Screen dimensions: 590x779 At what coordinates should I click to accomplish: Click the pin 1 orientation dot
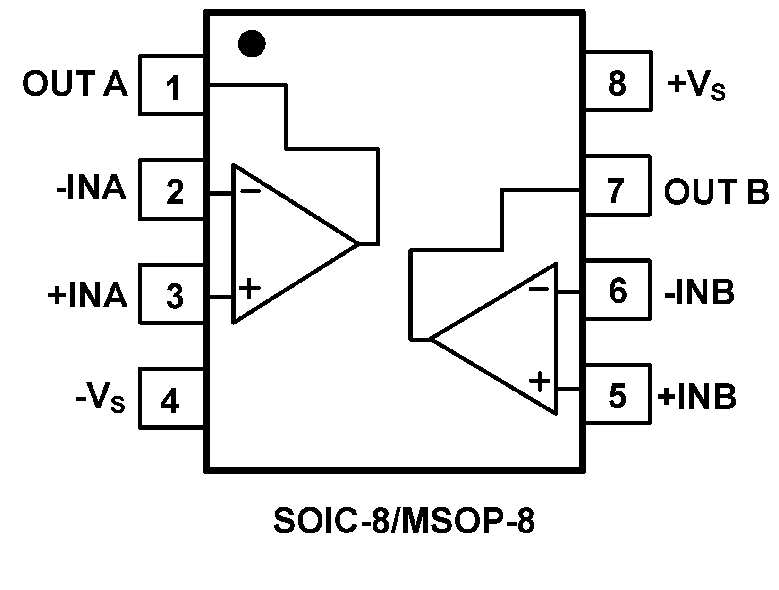point(251,44)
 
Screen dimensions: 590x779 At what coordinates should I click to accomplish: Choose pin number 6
point(617,291)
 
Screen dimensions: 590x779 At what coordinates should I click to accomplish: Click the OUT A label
point(75,84)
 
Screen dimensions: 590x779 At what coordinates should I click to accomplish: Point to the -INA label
point(91,189)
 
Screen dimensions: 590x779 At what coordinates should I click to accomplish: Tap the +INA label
point(88,295)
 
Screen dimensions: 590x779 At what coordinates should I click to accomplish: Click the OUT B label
point(716,191)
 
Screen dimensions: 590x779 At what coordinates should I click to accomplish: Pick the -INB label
point(699,292)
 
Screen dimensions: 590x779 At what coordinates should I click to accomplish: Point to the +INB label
point(696,396)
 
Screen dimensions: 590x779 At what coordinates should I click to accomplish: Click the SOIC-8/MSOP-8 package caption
point(404,521)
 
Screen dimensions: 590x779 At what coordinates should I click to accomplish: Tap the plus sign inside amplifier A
point(250,288)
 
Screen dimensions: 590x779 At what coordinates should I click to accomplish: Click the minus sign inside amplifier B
point(538,289)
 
